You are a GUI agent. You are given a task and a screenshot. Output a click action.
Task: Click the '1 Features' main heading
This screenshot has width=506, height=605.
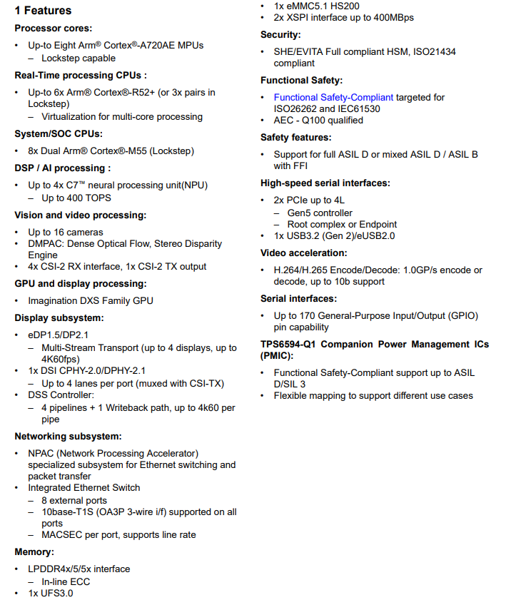coord(43,11)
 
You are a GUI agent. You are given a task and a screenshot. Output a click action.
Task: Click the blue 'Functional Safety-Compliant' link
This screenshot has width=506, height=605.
coord(333,97)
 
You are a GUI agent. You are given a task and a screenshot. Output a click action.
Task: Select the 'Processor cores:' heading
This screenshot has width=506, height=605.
coord(54,28)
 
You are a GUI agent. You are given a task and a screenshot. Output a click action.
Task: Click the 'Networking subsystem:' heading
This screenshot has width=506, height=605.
coord(68,436)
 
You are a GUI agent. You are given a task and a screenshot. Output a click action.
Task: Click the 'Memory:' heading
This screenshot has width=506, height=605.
coord(34,551)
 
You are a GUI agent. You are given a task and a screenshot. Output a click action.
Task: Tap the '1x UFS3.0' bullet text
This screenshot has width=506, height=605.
coord(50,593)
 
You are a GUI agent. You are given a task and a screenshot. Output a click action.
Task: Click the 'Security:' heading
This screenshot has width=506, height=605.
coord(280,34)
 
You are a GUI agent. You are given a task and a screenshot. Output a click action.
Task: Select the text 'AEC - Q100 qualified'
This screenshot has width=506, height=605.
coord(318,120)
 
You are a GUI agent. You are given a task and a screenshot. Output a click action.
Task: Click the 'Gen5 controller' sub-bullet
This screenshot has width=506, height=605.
coord(320,213)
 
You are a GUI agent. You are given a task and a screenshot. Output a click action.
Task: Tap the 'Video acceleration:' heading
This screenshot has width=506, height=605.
coord(303,253)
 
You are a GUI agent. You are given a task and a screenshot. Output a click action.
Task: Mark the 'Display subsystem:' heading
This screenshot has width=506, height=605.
coord(59,317)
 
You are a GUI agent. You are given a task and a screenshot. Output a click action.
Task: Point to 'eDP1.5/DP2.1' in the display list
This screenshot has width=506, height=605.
coord(59,335)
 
